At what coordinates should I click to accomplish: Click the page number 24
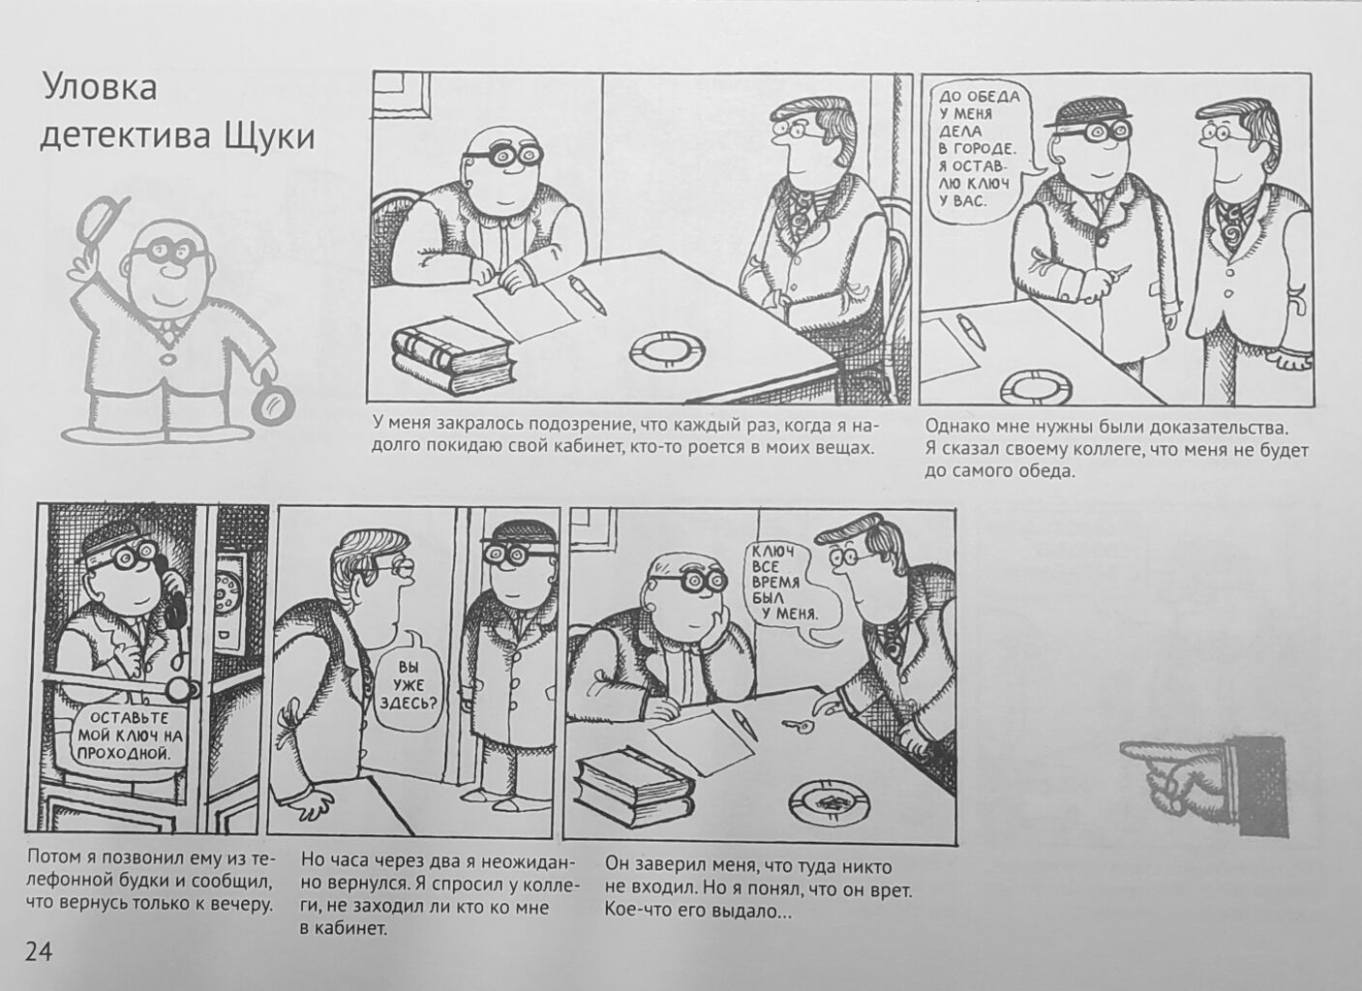tap(39, 951)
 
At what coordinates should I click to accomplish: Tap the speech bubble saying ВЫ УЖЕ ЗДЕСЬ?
tap(409, 686)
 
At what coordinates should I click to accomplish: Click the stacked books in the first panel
tap(454, 360)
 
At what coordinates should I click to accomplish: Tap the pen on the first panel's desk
tap(588, 294)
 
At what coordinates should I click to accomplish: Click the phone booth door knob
tap(182, 688)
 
